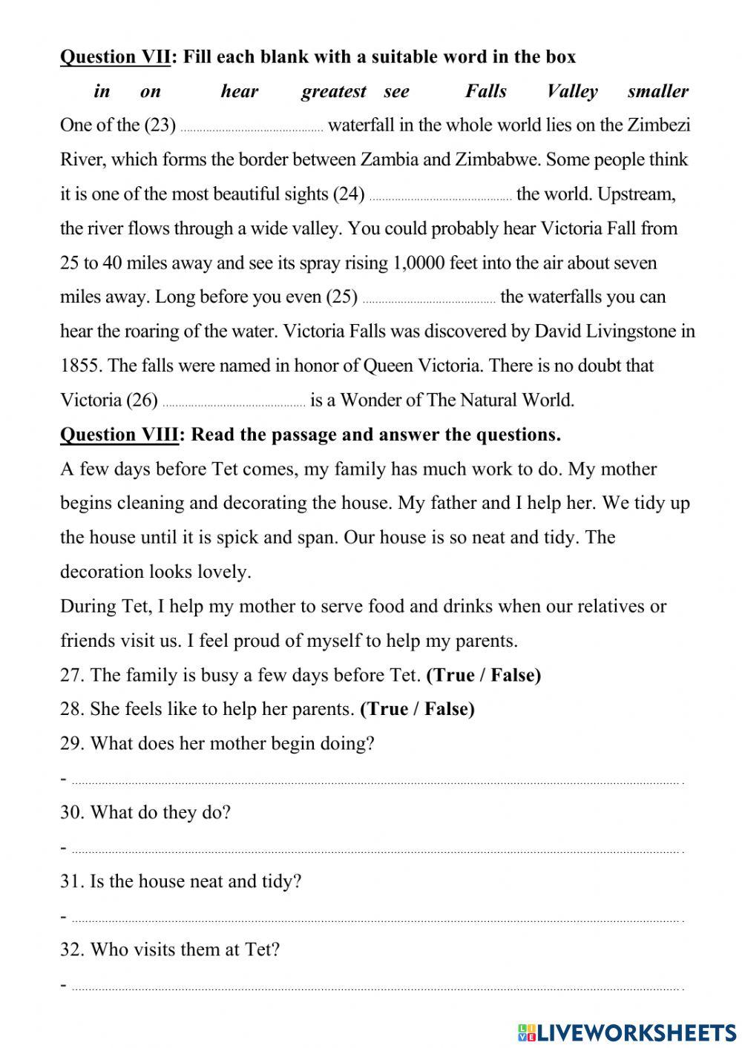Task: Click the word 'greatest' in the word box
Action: tap(333, 91)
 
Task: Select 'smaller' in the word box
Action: tap(657, 91)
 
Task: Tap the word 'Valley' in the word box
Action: tap(571, 91)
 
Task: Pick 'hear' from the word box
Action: tap(239, 91)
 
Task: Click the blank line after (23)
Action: tap(252, 128)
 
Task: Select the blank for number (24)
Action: tap(440, 197)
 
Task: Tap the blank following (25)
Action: tap(429, 300)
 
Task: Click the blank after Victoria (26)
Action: tap(233, 403)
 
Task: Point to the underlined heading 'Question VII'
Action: tap(115, 57)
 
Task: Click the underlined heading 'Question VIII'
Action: tap(119, 435)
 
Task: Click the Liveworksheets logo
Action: tap(627, 1032)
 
